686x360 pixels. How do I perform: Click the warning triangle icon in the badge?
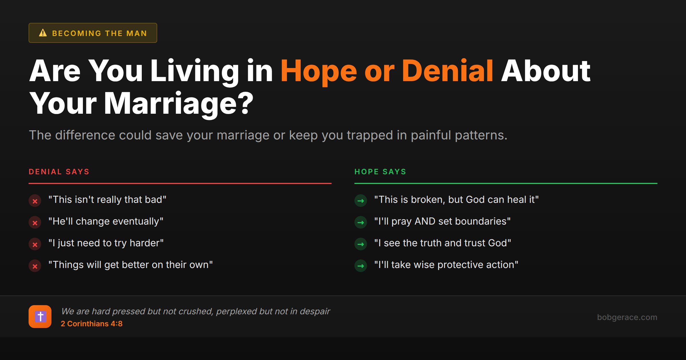point(43,33)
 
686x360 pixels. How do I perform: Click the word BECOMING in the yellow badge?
point(77,33)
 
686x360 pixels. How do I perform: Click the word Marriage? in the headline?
point(179,103)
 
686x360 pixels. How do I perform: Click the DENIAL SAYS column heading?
point(59,172)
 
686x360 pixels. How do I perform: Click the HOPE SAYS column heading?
point(380,172)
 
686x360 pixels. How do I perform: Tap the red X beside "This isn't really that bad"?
point(35,201)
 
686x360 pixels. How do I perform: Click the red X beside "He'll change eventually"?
point(35,223)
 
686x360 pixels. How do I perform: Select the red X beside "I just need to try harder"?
point(35,244)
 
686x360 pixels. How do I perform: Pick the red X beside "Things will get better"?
point(35,266)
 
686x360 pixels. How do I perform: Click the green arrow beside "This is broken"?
point(361,201)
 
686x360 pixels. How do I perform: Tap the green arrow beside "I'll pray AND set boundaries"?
point(361,223)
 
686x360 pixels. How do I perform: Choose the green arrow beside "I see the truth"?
point(361,244)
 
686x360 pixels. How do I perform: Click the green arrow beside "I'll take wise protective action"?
point(361,266)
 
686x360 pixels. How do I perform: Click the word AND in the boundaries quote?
point(425,221)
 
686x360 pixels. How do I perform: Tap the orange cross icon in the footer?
point(40,317)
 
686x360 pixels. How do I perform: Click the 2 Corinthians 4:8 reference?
point(91,324)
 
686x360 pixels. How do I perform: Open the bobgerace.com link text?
point(627,317)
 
